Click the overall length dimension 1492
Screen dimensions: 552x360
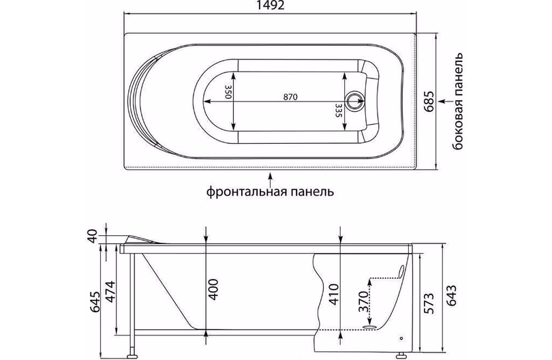click(270, 5)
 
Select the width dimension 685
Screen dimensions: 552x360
click(429, 102)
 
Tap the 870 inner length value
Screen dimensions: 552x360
click(290, 97)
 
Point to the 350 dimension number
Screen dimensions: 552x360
click(228, 91)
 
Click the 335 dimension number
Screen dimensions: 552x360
click(339, 110)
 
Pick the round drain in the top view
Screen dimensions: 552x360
click(354, 100)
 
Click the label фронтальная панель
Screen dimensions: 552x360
click(270, 192)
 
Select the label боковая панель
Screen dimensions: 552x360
click(458, 102)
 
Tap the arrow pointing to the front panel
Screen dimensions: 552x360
click(270, 179)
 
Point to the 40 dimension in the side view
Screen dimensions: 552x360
click(92, 236)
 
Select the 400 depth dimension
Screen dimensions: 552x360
click(213, 289)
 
